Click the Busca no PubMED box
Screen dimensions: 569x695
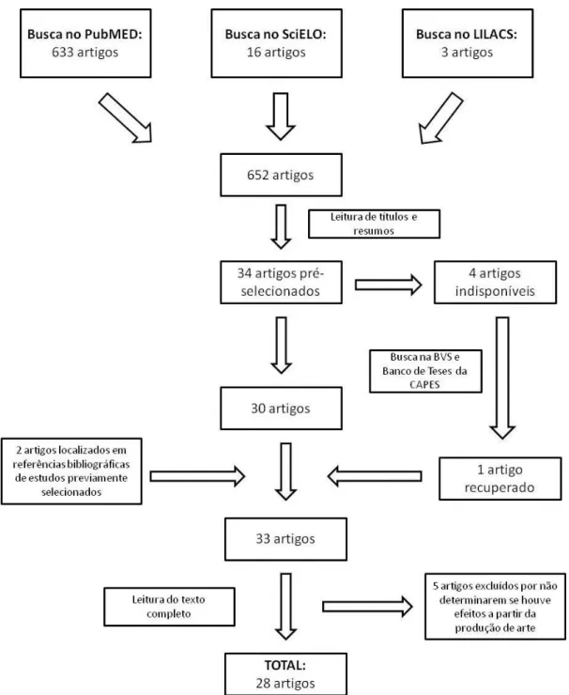click(x=85, y=43)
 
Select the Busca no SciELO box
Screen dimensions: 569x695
click(x=277, y=43)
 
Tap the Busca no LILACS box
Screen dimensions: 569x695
click(x=468, y=43)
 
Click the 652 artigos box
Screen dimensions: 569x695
click(x=282, y=175)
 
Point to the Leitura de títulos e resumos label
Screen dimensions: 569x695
click(x=374, y=224)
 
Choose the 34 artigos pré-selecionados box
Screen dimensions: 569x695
click(x=282, y=283)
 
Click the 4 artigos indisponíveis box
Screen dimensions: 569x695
click(x=495, y=283)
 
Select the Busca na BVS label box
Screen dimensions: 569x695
click(x=425, y=371)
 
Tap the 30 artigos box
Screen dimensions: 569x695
click(x=282, y=409)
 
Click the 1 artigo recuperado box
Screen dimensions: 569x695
click(x=500, y=479)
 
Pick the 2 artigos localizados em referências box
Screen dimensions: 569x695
click(x=71, y=471)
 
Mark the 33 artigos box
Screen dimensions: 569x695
click(x=285, y=539)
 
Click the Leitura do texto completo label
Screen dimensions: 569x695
click(x=169, y=607)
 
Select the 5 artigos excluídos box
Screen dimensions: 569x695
click(x=495, y=607)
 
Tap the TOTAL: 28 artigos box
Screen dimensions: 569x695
click(x=285, y=673)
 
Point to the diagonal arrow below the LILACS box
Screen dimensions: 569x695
click(x=440, y=118)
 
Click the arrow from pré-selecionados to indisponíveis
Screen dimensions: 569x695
click(x=388, y=285)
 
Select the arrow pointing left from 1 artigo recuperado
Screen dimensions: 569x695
click(x=375, y=476)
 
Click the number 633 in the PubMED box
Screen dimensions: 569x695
click(x=63, y=53)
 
